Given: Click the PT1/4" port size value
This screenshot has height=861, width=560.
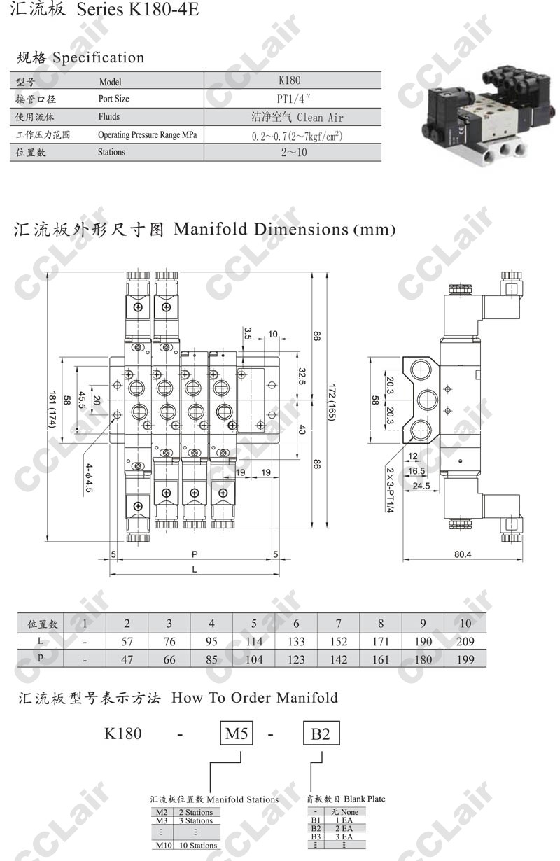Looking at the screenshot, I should [x=293, y=99].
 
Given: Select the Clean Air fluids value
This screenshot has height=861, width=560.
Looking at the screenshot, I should [x=297, y=117].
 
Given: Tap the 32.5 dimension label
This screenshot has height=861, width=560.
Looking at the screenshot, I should [x=302, y=377].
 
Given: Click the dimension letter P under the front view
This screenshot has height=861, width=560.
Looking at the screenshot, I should [x=195, y=554].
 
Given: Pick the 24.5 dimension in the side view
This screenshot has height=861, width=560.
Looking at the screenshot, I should [x=421, y=486].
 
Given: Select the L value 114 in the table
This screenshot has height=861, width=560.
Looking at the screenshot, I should [x=254, y=641].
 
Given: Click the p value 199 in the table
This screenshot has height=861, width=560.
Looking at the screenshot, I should [x=465, y=659].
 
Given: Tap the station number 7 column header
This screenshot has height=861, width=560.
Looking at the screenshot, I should [x=339, y=623].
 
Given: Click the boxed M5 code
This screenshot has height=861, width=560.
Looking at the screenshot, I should [x=237, y=734].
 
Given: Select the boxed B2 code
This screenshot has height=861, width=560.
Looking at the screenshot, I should [x=321, y=734].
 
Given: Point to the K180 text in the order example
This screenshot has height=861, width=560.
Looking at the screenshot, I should [x=123, y=734].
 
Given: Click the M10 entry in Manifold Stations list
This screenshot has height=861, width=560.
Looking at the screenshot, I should [x=162, y=846].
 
